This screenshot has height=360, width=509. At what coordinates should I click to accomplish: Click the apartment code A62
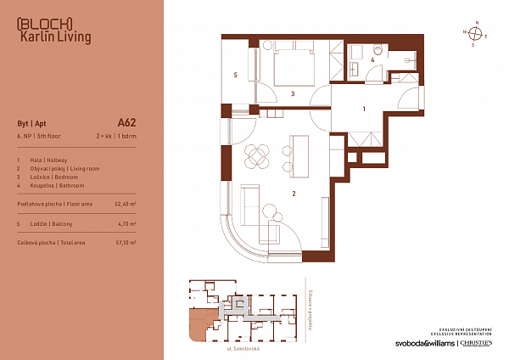(x=126, y=122)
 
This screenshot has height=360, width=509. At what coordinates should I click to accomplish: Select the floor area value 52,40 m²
(x=124, y=205)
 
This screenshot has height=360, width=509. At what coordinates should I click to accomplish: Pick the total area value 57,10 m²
(x=124, y=242)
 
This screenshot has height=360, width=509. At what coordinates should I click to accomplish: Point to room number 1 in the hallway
(x=364, y=109)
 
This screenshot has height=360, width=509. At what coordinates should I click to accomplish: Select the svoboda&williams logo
(x=416, y=344)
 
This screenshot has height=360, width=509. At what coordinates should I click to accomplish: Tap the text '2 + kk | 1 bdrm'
(x=117, y=136)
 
